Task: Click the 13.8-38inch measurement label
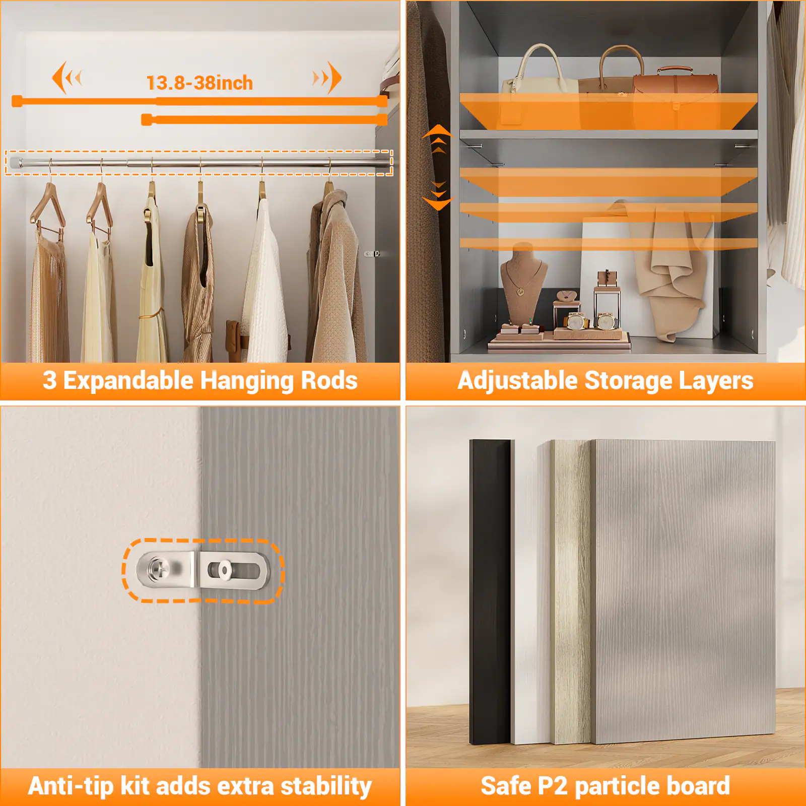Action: coord(199,83)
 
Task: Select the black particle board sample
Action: coord(490,589)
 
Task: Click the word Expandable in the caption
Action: coord(128,381)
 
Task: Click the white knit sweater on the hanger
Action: coord(264,282)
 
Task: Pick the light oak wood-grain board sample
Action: coord(572,589)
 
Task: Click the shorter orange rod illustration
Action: coord(264,120)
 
